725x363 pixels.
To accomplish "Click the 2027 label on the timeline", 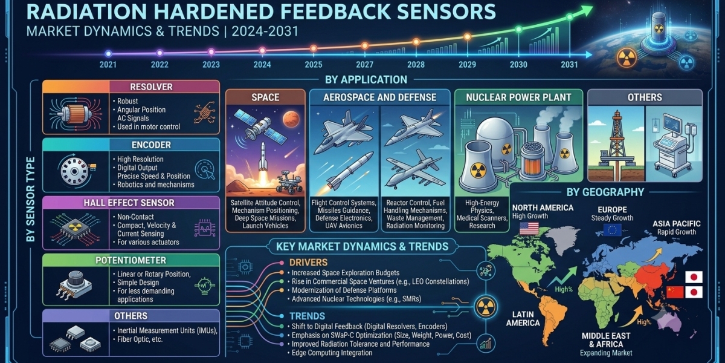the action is pyautogui.click(x=365, y=65).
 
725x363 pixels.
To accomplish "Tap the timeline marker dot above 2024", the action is pyautogui.click(x=262, y=50).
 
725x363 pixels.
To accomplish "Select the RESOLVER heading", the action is pyautogui.click(x=151, y=87).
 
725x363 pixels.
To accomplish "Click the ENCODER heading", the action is pyautogui.click(x=151, y=145).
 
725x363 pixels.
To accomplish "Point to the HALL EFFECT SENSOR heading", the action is pyautogui.click(x=129, y=203).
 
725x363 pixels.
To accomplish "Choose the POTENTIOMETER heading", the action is pyautogui.click(x=130, y=260).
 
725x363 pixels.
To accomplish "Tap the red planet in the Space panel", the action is pyautogui.click(x=291, y=119).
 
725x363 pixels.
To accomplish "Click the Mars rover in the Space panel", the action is pyautogui.click(x=289, y=184).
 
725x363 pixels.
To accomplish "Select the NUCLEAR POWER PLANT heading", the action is pyautogui.click(x=518, y=97).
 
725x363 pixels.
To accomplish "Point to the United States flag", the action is pyautogui.click(x=529, y=228).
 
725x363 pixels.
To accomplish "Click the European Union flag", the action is pyautogui.click(x=613, y=230).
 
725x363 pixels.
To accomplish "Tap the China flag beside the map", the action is pyautogui.click(x=675, y=292).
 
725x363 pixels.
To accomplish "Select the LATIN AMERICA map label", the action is pyautogui.click(x=523, y=319).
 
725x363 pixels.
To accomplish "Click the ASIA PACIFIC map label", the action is pyautogui.click(x=677, y=224).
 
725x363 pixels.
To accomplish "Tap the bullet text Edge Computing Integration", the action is pyautogui.click(x=332, y=353).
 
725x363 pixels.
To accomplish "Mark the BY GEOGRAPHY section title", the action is pyautogui.click(x=605, y=192).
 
